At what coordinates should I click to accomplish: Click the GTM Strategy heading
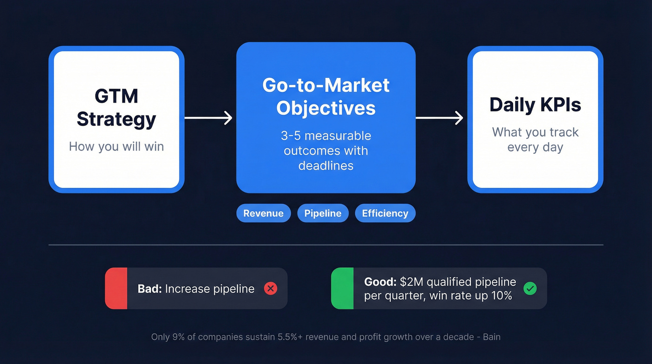[116, 108]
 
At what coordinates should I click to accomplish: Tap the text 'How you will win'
[116, 146]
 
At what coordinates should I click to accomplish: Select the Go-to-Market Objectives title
[326, 96]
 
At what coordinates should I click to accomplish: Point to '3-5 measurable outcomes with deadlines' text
[326, 151]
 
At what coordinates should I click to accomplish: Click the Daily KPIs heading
[535, 105]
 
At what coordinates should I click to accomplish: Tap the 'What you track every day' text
[535, 139]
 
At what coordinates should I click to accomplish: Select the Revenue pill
[263, 213]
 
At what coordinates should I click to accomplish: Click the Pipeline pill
[323, 213]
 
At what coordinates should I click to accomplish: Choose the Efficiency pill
[385, 213]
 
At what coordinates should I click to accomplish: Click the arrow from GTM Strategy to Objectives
[209, 118]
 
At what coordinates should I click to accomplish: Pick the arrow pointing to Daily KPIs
[439, 118]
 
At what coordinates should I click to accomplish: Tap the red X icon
[271, 288]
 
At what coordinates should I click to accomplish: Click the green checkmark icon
[530, 288]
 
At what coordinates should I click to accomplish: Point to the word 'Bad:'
[149, 289]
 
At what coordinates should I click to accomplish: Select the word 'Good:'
[380, 282]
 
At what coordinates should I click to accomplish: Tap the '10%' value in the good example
[502, 295]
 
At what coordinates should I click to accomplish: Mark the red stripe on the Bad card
[116, 288]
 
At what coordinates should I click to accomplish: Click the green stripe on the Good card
[342, 288]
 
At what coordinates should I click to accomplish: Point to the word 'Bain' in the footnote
[490, 337]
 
